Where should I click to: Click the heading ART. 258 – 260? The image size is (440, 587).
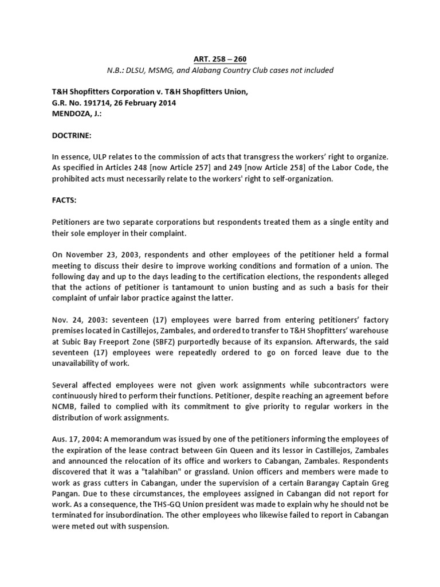tap(219, 58)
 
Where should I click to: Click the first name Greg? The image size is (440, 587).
tap(364, 485)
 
